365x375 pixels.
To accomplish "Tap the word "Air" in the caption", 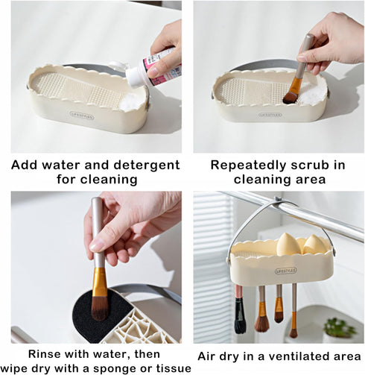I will pyautogui.click(x=211, y=356).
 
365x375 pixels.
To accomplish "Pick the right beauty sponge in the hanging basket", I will pyautogui.click(x=315, y=244).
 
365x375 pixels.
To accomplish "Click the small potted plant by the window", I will pyautogui.click(x=341, y=328).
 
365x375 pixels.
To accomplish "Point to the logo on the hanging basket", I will pyautogui.click(x=286, y=271).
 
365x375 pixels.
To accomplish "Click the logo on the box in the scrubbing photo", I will pyautogui.click(x=270, y=115).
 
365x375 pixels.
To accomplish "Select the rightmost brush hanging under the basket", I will pyautogui.click(x=293, y=317).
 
